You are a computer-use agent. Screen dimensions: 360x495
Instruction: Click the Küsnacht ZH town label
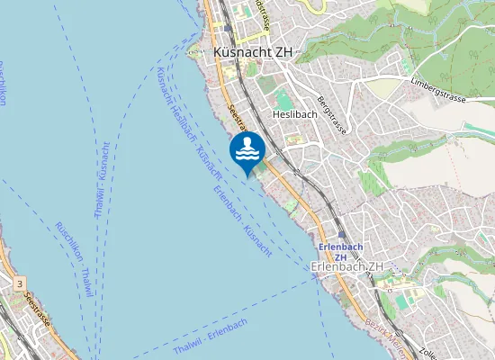click(253, 52)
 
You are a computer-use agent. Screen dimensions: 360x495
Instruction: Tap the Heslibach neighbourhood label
click(293, 114)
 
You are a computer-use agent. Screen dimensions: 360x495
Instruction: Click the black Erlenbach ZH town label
click(346, 266)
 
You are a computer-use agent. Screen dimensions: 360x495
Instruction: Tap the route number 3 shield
click(20, 283)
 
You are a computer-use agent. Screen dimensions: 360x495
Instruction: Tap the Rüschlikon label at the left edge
click(3, 85)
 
